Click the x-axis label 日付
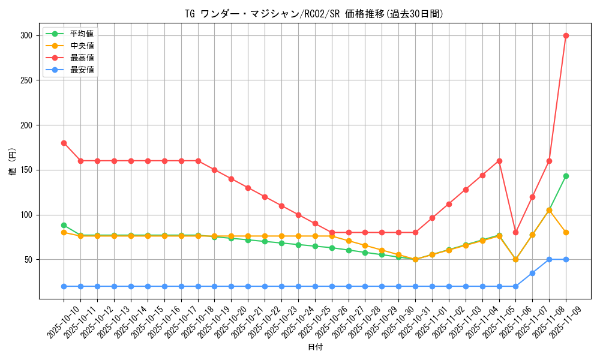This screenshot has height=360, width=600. click(x=315, y=347)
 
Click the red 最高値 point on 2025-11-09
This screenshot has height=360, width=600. click(x=566, y=35)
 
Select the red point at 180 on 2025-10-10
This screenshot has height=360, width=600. click(x=64, y=143)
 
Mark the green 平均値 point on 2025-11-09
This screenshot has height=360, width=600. click(x=566, y=176)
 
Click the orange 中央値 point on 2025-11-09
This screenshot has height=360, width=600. click(x=566, y=232)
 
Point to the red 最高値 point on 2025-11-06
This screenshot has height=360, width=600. click(x=515, y=232)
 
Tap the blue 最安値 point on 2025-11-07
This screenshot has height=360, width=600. click(x=532, y=273)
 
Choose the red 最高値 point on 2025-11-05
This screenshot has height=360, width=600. click(x=499, y=161)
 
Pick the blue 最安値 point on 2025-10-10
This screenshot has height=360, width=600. click(x=64, y=286)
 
